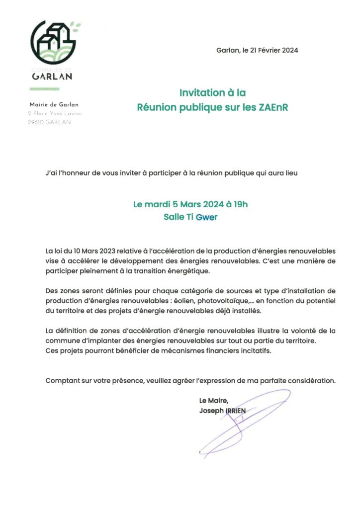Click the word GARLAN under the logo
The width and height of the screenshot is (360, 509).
52,77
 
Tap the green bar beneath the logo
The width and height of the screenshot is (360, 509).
44,89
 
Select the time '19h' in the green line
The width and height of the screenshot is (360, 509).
240,204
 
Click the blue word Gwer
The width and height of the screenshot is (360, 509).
207,217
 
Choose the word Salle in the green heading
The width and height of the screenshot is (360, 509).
174,217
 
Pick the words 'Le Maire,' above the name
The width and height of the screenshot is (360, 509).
214,401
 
